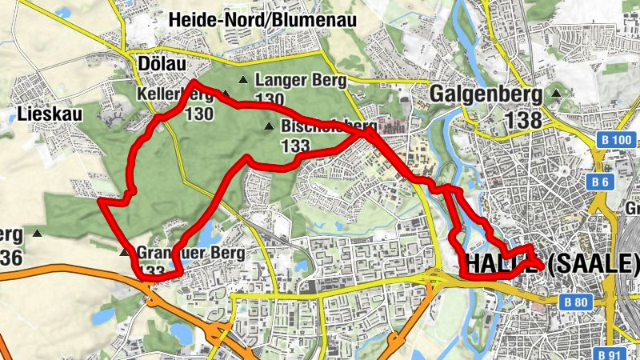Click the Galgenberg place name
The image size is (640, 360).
(486, 94)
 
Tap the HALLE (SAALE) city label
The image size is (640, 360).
(553, 263)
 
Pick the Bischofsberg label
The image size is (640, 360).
(328, 126)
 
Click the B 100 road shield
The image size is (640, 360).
(617, 141)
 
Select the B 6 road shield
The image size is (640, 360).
(601, 182)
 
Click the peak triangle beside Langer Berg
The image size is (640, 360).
(243, 80)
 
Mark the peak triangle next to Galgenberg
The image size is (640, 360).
(557, 94)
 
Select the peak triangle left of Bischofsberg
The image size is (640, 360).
(269, 126)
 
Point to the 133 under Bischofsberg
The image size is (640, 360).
(295, 146)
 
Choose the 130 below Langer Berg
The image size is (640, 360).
(270, 99)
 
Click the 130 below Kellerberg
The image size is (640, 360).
(198, 114)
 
